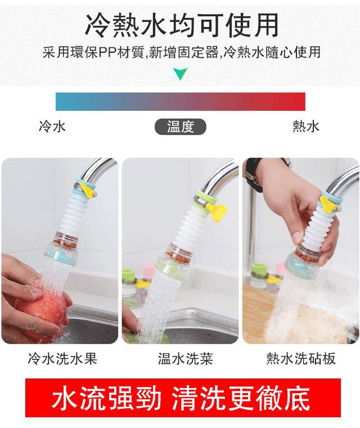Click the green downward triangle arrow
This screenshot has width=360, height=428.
tap(180, 74)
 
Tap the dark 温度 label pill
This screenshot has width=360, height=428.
tap(180, 127)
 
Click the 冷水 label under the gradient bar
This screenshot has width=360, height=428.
tap(52, 127)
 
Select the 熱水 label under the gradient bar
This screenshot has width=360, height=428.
tap(305, 127)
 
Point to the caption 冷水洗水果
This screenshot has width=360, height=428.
tap(62, 359)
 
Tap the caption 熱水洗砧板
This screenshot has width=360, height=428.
tap(301, 359)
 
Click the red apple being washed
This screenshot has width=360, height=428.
tap(42, 312)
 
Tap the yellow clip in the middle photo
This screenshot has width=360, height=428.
tap(217, 211)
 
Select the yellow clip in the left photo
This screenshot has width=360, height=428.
tap(87, 190)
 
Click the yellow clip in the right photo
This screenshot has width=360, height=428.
tap(328, 204)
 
